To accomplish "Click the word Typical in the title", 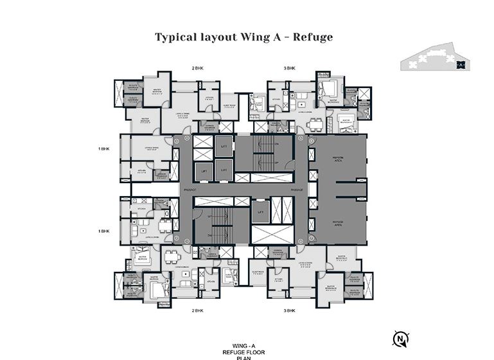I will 177,37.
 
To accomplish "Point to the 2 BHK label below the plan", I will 198,310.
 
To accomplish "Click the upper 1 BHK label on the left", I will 105,149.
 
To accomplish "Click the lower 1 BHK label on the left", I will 105,230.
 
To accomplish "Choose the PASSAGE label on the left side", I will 189,191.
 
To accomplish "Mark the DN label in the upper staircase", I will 276,145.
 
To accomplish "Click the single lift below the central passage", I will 260,212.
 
